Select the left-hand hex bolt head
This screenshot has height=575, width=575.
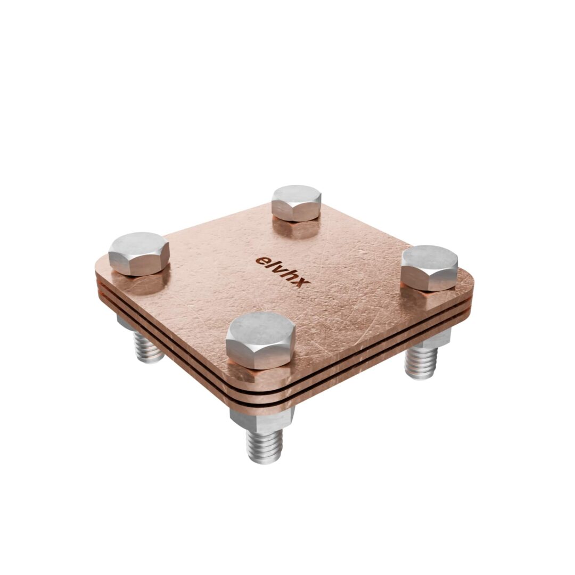[x=139, y=253]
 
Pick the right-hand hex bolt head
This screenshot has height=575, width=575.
[x=430, y=268]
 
